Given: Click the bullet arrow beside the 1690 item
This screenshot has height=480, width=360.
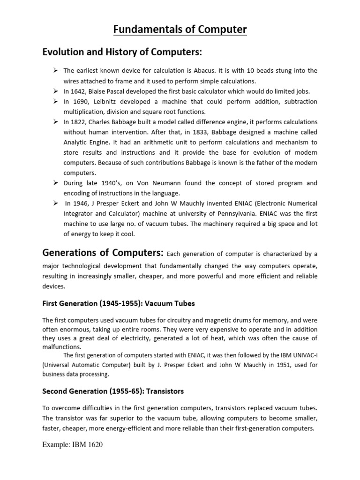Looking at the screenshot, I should point(55,101).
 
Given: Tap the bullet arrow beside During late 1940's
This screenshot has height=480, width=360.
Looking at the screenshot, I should point(55,182).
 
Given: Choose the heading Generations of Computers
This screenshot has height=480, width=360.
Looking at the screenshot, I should point(103,253).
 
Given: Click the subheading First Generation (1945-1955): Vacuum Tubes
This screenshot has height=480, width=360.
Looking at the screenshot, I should point(118,303).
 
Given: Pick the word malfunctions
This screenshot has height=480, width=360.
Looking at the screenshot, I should point(61,347).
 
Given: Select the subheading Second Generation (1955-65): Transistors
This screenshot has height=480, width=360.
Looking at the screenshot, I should point(113,391).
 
